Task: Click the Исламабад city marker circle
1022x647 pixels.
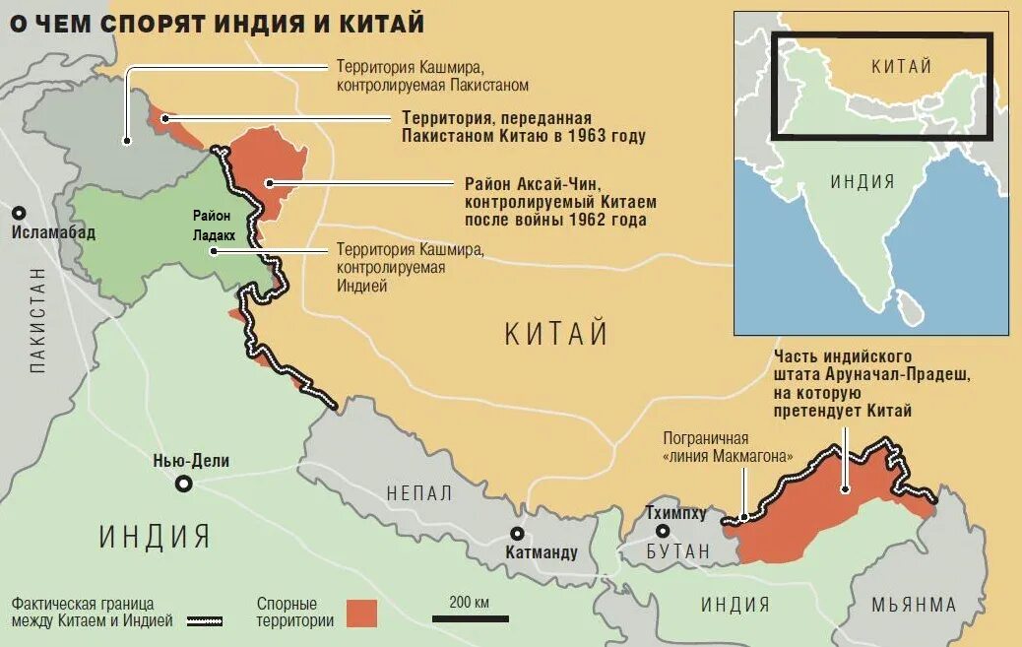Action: tap(19, 213)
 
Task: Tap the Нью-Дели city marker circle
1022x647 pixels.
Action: tap(183, 484)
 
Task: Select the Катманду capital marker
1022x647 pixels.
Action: tap(516, 533)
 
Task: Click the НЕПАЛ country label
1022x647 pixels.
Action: tap(419, 493)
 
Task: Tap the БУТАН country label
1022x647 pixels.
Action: tap(679, 551)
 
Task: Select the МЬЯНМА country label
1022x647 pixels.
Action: tap(913, 605)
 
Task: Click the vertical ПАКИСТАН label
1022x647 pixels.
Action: tap(38, 319)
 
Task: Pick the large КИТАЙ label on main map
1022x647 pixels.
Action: tap(556, 334)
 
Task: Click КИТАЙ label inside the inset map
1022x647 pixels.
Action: tap(902, 67)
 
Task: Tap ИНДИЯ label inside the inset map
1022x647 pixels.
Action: tap(862, 181)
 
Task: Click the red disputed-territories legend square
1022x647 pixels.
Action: tap(361, 613)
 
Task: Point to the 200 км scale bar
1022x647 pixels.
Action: tap(470, 618)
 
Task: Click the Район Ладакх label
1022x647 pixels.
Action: tap(212, 226)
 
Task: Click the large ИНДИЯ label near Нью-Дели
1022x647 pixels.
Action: tap(155, 537)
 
